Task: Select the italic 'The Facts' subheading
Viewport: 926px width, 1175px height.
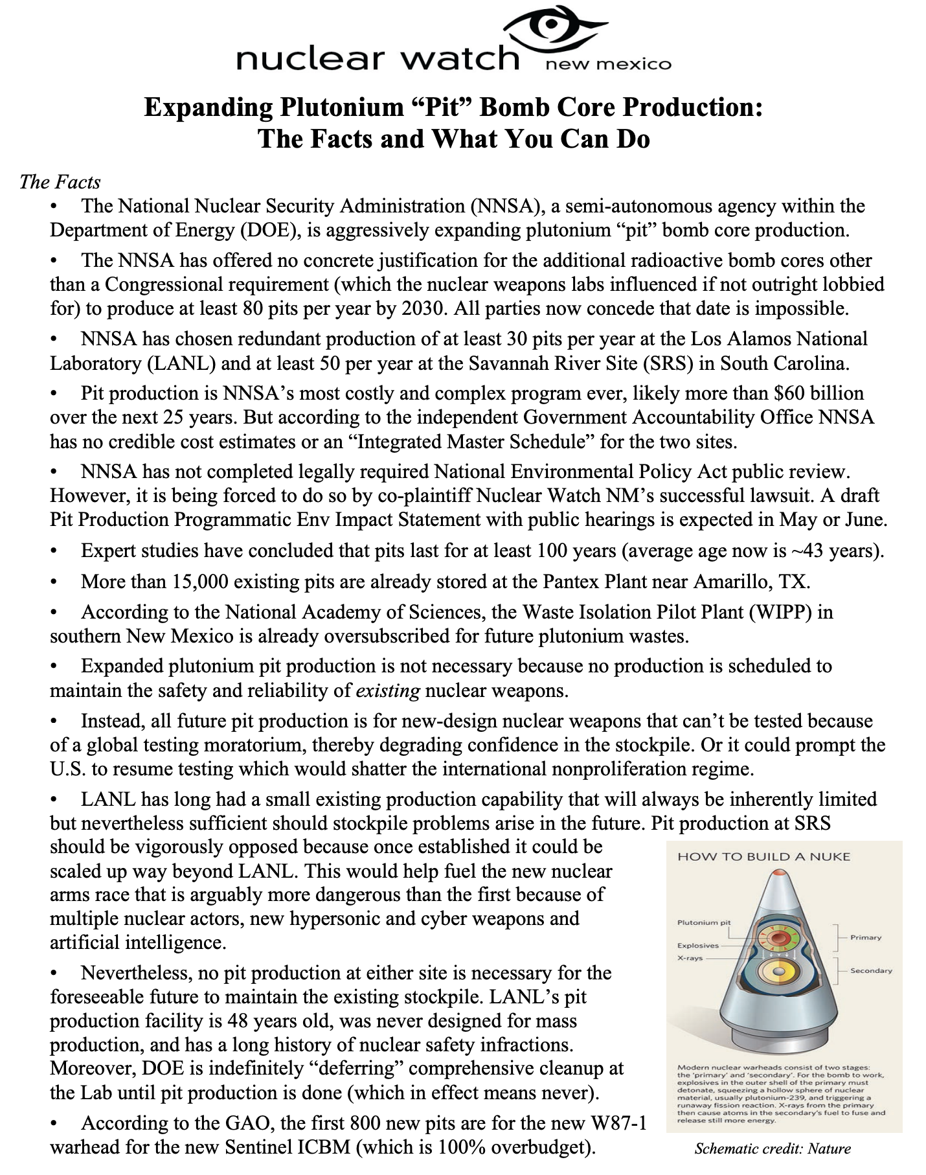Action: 60,181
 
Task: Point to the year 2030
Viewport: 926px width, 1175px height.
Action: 423,308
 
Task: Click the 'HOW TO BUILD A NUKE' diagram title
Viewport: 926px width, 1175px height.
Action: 763,856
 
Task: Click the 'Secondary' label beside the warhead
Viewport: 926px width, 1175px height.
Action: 871,970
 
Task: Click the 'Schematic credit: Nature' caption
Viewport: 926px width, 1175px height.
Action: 772,1150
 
